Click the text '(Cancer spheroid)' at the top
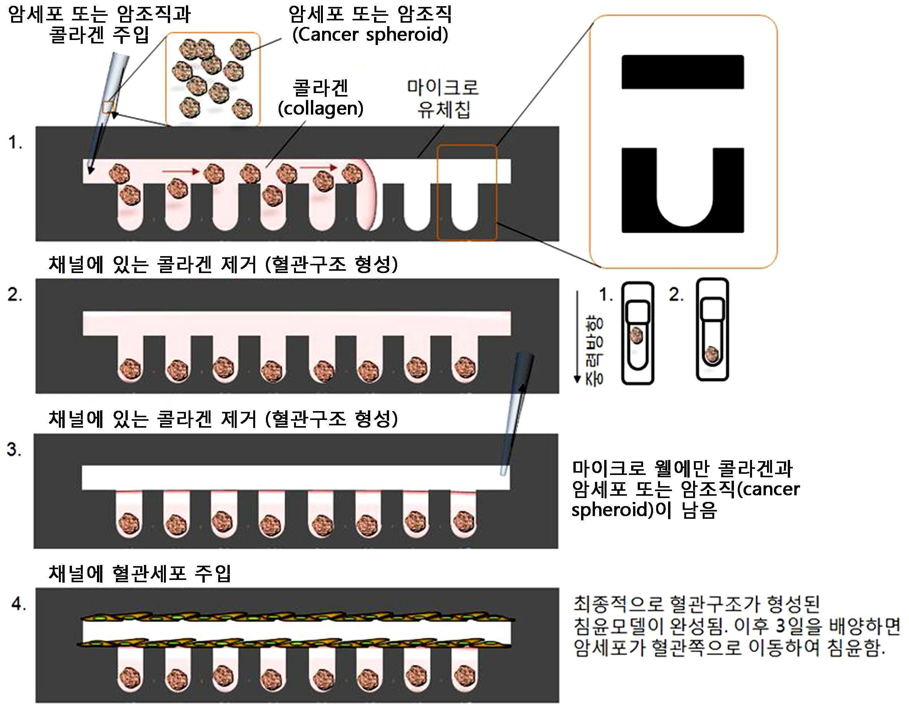coord(370,34)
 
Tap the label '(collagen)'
coord(321,108)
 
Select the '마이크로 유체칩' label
coord(443,98)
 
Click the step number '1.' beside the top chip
coord(15,142)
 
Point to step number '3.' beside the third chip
coord(14,450)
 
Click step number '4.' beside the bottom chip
coord(19,604)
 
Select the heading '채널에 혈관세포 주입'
coord(140,573)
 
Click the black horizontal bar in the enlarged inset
coord(683,72)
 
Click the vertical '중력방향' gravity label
coord(594,351)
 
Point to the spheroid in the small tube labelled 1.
coord(637,335)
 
